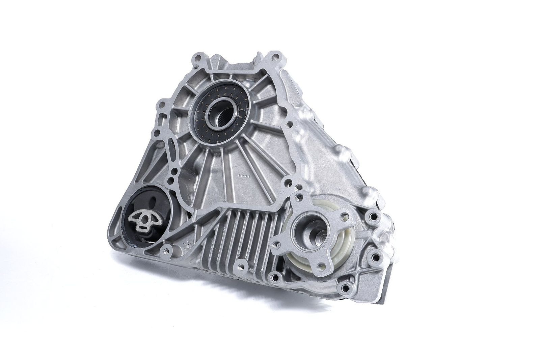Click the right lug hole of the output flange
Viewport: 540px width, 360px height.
[x=343, y=214]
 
